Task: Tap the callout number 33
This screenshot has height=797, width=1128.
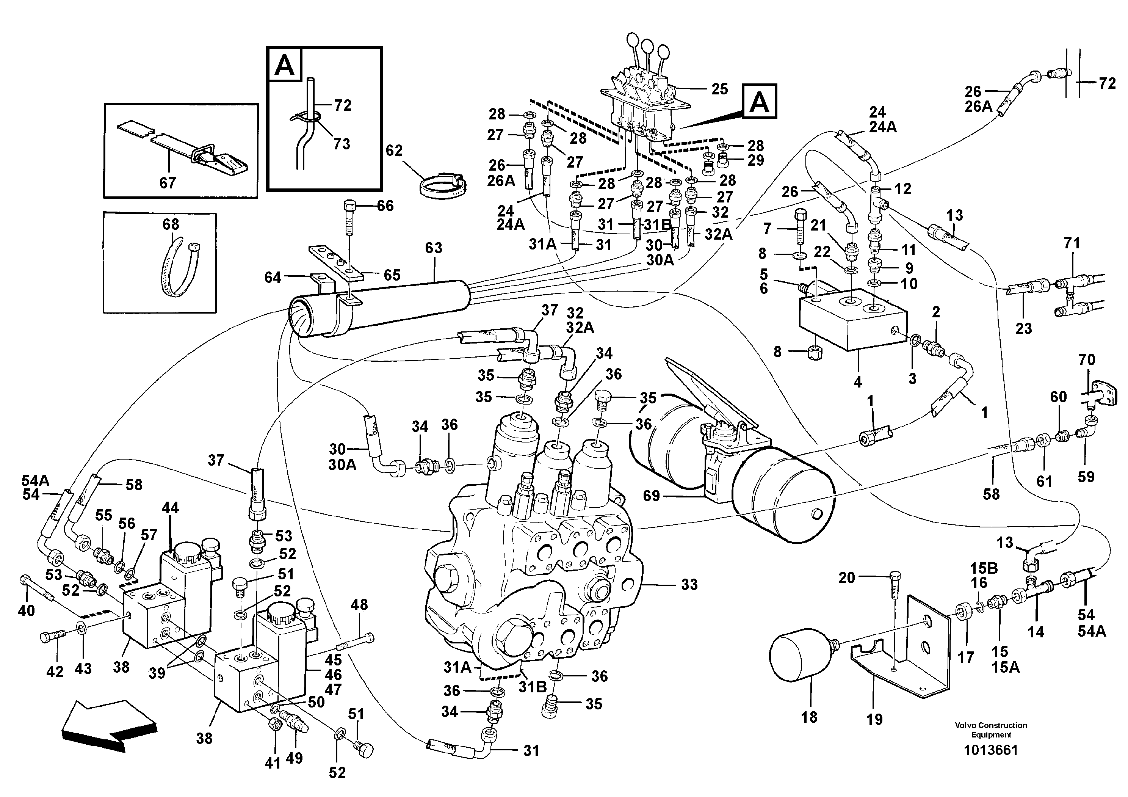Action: [x=689, y=584]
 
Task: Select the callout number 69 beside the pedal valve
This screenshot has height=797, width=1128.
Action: [x=652, y=496]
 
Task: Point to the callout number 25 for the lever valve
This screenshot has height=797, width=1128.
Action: [x=719, y=89]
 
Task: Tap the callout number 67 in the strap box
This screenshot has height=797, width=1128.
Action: [x=168, y=183]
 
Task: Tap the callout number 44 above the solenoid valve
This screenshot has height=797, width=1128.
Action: [x=171, y=508]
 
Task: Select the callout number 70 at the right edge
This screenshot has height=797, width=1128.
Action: [x=1087, y=360]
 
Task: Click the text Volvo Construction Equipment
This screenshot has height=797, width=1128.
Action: [x=990, y=730]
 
